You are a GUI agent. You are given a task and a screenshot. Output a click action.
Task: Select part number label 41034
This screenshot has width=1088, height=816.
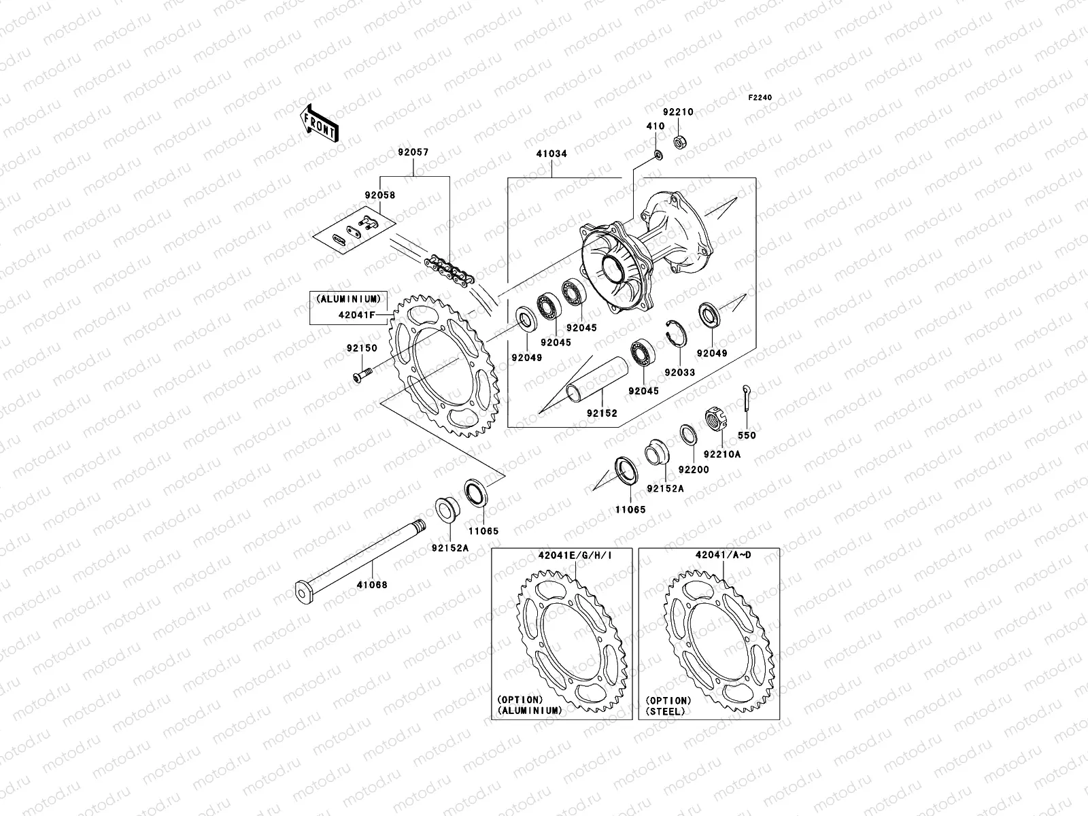[551, 154]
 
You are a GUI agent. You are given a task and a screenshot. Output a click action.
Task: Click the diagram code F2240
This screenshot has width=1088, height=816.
[760, 98]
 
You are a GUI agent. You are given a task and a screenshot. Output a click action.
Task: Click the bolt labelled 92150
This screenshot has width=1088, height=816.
[360, 374]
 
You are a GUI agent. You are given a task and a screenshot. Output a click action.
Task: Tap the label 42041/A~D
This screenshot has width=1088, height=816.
[723, 555]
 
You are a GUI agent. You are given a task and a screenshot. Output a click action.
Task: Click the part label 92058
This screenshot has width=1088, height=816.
[379, 195]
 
